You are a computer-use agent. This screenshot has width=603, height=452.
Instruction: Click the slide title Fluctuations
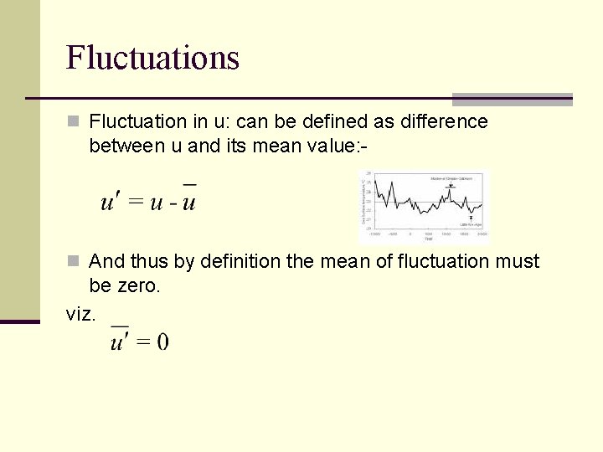pos(152,58)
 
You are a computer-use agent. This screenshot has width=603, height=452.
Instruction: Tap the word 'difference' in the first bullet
pos(444,122)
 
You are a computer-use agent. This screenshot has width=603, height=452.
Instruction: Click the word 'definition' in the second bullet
pos(241,262)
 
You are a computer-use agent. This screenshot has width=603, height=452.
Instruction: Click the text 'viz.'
pos(81,315)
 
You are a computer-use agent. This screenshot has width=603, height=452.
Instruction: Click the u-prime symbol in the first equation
pos(108,203)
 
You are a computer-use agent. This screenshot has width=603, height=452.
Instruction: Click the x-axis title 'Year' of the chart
pos(429,238)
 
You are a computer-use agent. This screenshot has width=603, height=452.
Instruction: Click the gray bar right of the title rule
pos(512,99)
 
